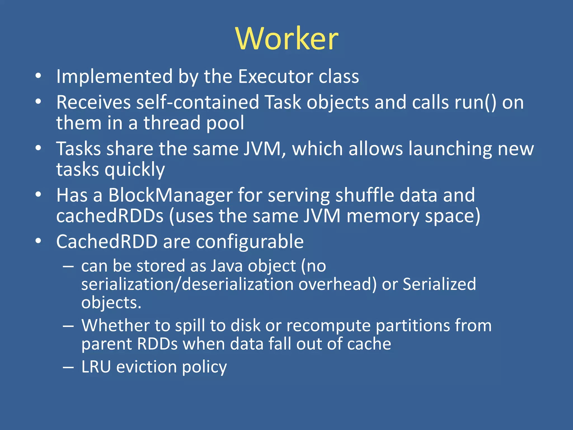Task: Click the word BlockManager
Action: click(x=170, y=195)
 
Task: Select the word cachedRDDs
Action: click(x=110, y=216)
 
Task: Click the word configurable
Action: click(x=250, y=242)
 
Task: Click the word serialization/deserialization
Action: click(x=187, y=284)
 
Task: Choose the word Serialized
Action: click(x=439, y=284)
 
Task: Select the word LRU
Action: click(x=96, y=367)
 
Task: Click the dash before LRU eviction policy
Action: click(x=68, y=367)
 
